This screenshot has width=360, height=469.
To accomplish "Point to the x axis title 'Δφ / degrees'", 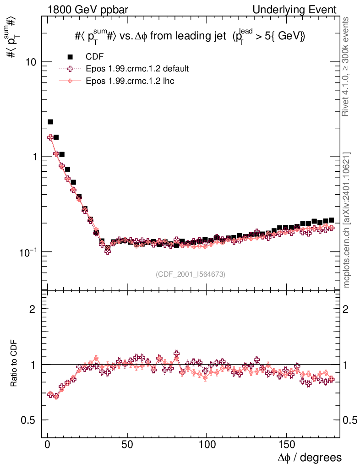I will [310, 458].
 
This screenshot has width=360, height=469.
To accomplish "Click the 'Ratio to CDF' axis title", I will [14, 364].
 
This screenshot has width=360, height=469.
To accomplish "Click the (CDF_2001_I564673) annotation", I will [191, 274].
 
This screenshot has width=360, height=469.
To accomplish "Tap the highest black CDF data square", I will [50, 122].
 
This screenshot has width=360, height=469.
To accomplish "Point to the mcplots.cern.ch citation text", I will [347, 220].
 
